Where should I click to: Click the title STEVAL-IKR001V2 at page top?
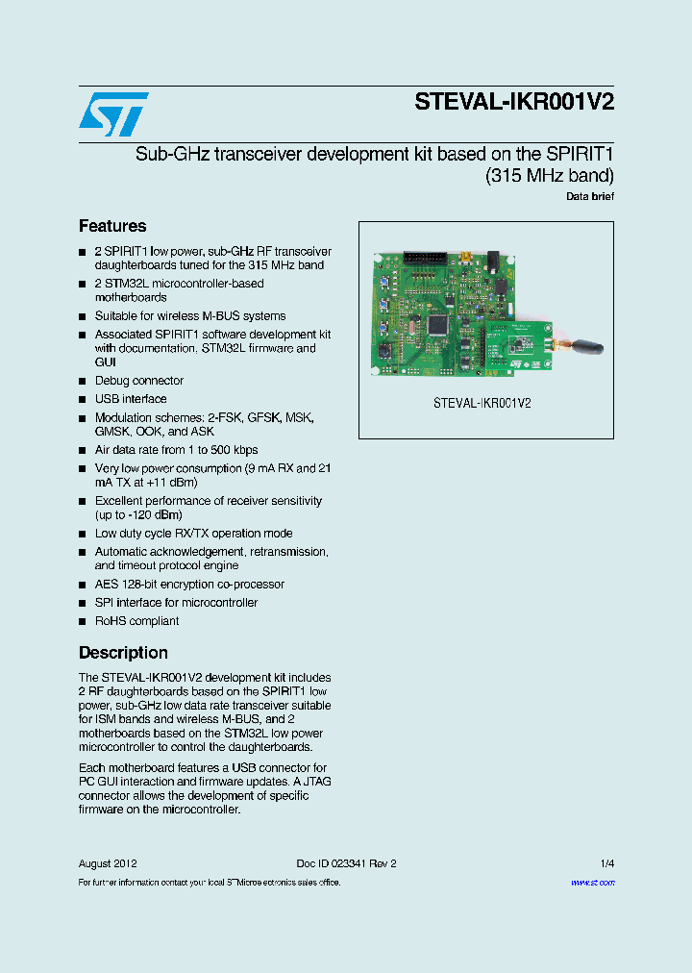coord(514,103)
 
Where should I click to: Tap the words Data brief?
coord(590,196)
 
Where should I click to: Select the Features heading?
coord(112,226)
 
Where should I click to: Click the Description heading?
coord(123,653)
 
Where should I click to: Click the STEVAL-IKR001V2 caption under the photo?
coord(482,404)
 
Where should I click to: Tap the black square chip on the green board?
coord(441,324)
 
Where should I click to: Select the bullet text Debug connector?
coord(138,381)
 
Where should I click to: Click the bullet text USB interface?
coord(131,399)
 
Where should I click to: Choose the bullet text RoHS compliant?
coord(136,621)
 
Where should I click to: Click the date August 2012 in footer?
coord(108,863)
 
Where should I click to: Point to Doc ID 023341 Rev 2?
coord(346,863)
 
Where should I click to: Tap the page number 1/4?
coord(607,863)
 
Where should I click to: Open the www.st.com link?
coord(592,882)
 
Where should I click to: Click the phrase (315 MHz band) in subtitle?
coord(550,176)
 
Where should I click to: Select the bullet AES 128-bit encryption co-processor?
coord(189,585)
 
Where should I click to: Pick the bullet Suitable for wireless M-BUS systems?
coord(189,316)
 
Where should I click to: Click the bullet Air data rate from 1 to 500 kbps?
coord(176,450)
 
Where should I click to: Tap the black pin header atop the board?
coord(424,259)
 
